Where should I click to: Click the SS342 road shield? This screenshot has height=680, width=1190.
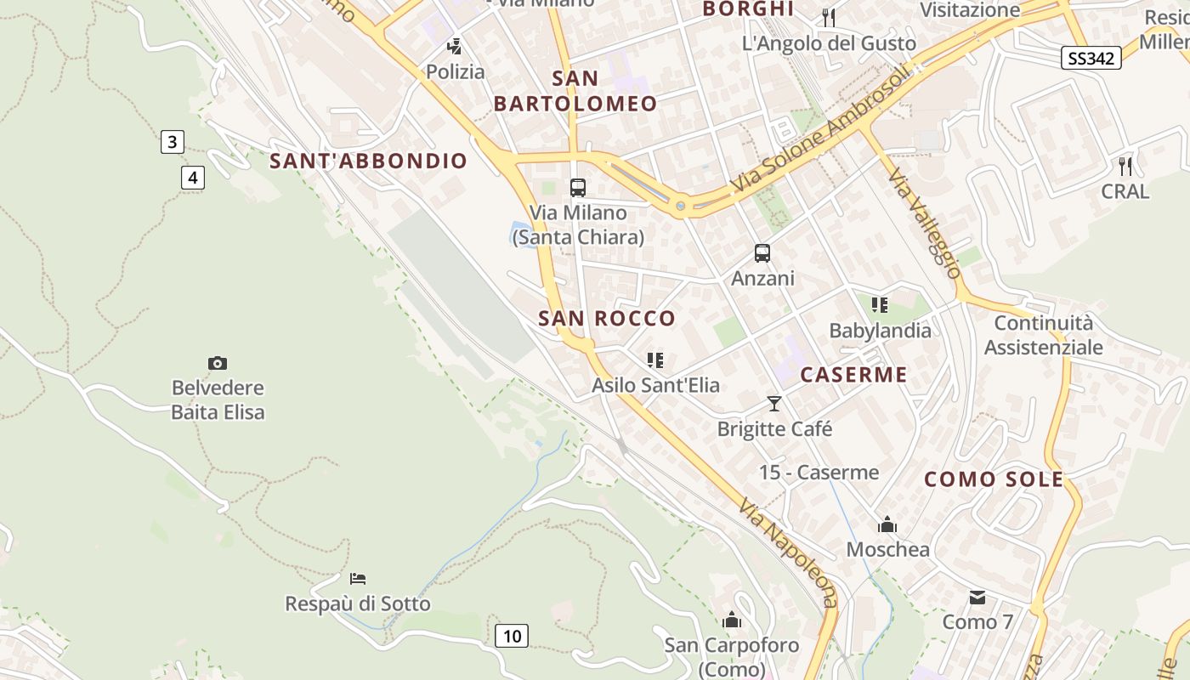click(x=1091, y=58)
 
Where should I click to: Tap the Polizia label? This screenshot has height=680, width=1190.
click(x=456, y=71)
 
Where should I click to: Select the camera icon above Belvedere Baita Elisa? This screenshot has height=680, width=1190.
click(x=218, y=364)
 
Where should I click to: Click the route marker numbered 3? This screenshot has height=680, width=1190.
click(x=172, y=142)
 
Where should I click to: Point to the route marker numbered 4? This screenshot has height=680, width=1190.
click(x=193, y=178)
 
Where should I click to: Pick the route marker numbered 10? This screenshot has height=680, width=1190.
click(x=511, y=635)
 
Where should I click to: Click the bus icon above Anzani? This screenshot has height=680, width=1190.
click(x=762, y=253)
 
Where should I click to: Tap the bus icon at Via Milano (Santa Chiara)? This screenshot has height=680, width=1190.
click(x=578, y=188)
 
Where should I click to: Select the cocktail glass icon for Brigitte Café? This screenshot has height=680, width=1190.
click(x=773, y=404)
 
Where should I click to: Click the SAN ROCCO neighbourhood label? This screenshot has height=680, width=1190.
click(x=607, y=319)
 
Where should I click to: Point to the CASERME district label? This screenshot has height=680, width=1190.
click(x=853, y=375)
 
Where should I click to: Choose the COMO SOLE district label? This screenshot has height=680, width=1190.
click(x=994, y=479)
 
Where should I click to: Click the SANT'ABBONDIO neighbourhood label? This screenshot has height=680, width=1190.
click(x=368, y=161)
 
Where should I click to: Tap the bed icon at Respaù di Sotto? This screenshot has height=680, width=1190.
click(x=358, y=579)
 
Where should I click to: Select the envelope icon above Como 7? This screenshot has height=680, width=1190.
click(x=977, y=598)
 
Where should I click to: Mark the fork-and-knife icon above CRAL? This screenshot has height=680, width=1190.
click(x=1125, y=166)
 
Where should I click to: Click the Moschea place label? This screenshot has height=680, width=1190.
click(x=887, y=549)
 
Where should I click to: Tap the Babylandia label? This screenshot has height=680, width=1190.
click(x=880, y=331)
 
